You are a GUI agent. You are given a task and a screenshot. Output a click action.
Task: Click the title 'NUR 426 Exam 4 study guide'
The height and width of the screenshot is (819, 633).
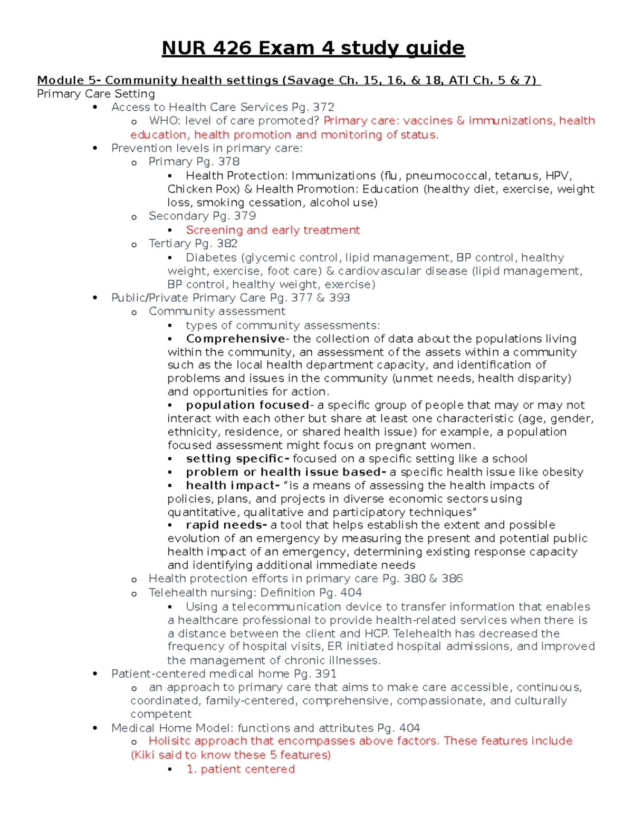(313, 48)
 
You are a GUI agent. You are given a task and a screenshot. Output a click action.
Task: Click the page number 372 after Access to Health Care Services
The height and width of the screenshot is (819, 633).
(323, 107)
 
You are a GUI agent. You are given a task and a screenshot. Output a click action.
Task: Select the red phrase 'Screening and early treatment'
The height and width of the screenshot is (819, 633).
(273, 230)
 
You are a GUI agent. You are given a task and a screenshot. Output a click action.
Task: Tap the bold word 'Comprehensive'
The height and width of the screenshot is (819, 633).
(235, 339)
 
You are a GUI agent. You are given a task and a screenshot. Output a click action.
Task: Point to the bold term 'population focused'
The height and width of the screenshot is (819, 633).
(247, 405)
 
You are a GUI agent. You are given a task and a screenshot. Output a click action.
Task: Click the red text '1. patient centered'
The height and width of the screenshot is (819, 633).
(241, 769)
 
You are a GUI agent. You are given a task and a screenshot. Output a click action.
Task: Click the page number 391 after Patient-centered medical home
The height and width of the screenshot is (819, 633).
(325, 673)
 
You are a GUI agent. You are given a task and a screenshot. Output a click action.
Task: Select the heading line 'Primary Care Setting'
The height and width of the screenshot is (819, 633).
(96, 94)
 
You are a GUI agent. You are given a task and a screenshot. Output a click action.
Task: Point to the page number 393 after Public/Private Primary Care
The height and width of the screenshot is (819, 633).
(339, 297)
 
